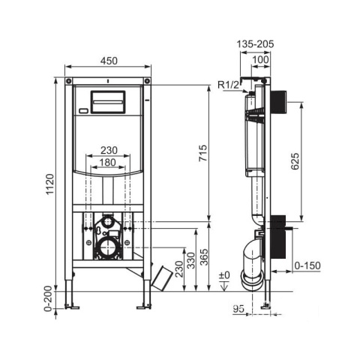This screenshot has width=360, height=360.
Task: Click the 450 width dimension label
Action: tap(109, 61)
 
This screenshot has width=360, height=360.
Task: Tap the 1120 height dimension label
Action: tap(50, 184)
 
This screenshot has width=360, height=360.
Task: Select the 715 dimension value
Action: tap(203, 153)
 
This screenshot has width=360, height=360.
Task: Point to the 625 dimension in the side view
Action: tap(295, 161)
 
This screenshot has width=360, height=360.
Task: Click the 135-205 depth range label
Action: tap(255, 44)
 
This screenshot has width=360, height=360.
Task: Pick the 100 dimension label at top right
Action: tap(260, 60)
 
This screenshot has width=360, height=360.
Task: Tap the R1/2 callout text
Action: tap(229, 85)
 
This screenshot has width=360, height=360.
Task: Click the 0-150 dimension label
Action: tap(307, 265)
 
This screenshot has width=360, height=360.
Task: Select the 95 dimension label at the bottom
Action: tap(238, 309)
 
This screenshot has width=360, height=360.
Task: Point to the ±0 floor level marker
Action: tap(224, 275)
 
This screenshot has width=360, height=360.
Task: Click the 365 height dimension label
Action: tap(205, 256)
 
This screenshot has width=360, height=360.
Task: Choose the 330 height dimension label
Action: tap(191, 260)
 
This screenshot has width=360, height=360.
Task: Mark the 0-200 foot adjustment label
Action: tap(49, 298)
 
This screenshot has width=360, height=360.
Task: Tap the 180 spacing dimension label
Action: tap(107, 163)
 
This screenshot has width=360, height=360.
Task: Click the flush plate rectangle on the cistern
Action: tap(108, 102)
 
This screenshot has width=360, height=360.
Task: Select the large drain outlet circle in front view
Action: tap(108, 247)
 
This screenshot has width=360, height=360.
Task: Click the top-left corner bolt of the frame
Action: tap(68, 81)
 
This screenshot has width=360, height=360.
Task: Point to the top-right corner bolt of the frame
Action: tap(148, 81)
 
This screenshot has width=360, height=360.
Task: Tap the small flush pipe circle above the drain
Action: tap(108, 221)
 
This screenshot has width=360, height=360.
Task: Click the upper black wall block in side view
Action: tap(278, 102)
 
